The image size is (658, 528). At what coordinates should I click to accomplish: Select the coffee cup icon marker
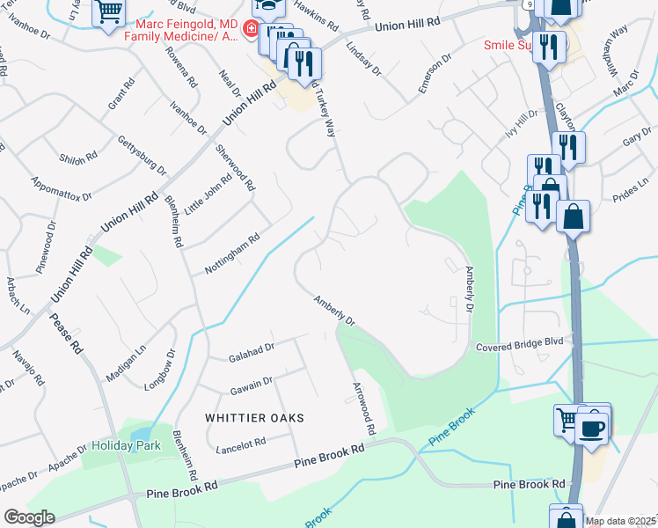[593, 428]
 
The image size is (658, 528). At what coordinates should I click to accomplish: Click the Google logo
[29, 517]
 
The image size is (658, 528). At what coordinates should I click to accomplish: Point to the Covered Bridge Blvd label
[518, 348]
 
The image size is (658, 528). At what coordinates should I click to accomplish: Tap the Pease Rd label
[67, 334]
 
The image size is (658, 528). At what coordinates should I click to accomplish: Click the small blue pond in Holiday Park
[141, 436]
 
